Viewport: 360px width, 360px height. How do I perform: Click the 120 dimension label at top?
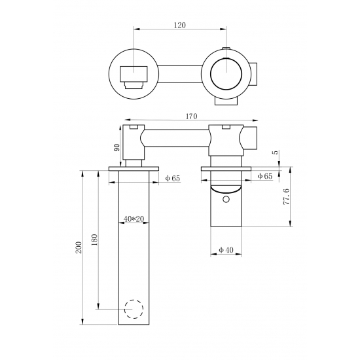(x=179, y=26)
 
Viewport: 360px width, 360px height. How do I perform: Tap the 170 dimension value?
(x=191, y=117)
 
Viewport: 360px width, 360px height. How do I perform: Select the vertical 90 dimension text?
(x=117, y=147)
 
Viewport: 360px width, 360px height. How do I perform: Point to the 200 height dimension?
(x=79, y=247)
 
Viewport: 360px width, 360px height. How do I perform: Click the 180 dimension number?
(x=94, y=240)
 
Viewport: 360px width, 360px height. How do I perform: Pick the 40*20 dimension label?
(x=134, y=219)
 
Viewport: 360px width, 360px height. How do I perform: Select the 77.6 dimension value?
(x=286, y=196)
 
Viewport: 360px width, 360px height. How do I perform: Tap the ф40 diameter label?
(x=226, y=250)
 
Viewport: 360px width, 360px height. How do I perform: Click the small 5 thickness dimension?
(x=276, y=152)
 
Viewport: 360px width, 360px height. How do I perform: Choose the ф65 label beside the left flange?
(x=173, y=178)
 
